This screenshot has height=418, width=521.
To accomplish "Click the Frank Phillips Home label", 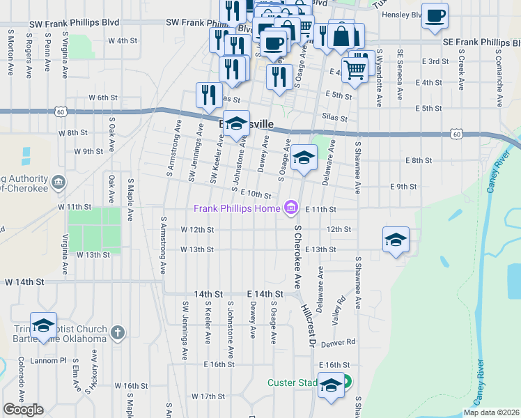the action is [237, 208].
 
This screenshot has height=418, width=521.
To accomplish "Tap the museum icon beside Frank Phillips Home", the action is [291, 208].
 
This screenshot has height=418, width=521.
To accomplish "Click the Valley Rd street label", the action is [339, 310].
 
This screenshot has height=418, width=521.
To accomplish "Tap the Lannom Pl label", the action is [52, 361].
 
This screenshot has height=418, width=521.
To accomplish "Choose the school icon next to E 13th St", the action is [396, 240].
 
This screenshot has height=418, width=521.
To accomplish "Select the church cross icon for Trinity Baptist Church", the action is [118, 332].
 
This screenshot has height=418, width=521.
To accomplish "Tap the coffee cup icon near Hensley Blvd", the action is [435, 15].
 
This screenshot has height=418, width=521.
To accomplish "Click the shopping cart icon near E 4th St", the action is [355, 69].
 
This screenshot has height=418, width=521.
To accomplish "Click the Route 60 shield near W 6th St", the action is [61, 111].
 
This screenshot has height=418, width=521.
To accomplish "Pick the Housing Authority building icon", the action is [58, 183].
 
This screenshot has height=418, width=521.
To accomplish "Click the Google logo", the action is [24, 410].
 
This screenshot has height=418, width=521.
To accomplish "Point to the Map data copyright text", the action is [491, 412].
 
